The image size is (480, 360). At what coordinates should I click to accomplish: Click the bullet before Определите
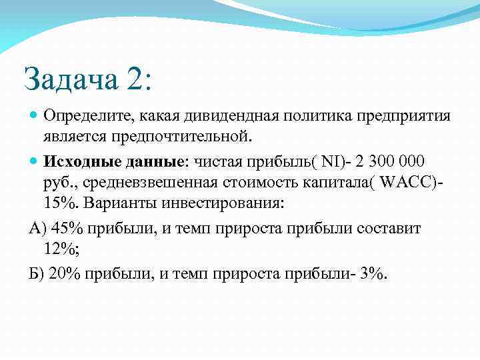point(34,116)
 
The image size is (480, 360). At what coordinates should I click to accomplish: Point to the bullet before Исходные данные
point(34,162)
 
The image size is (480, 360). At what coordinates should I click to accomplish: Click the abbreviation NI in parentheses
point(329,162)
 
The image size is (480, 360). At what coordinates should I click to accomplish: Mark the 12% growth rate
point(59,249)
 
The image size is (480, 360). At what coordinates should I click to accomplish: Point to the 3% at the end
point(371,275)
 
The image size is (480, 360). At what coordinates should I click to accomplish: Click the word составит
point(389,229)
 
